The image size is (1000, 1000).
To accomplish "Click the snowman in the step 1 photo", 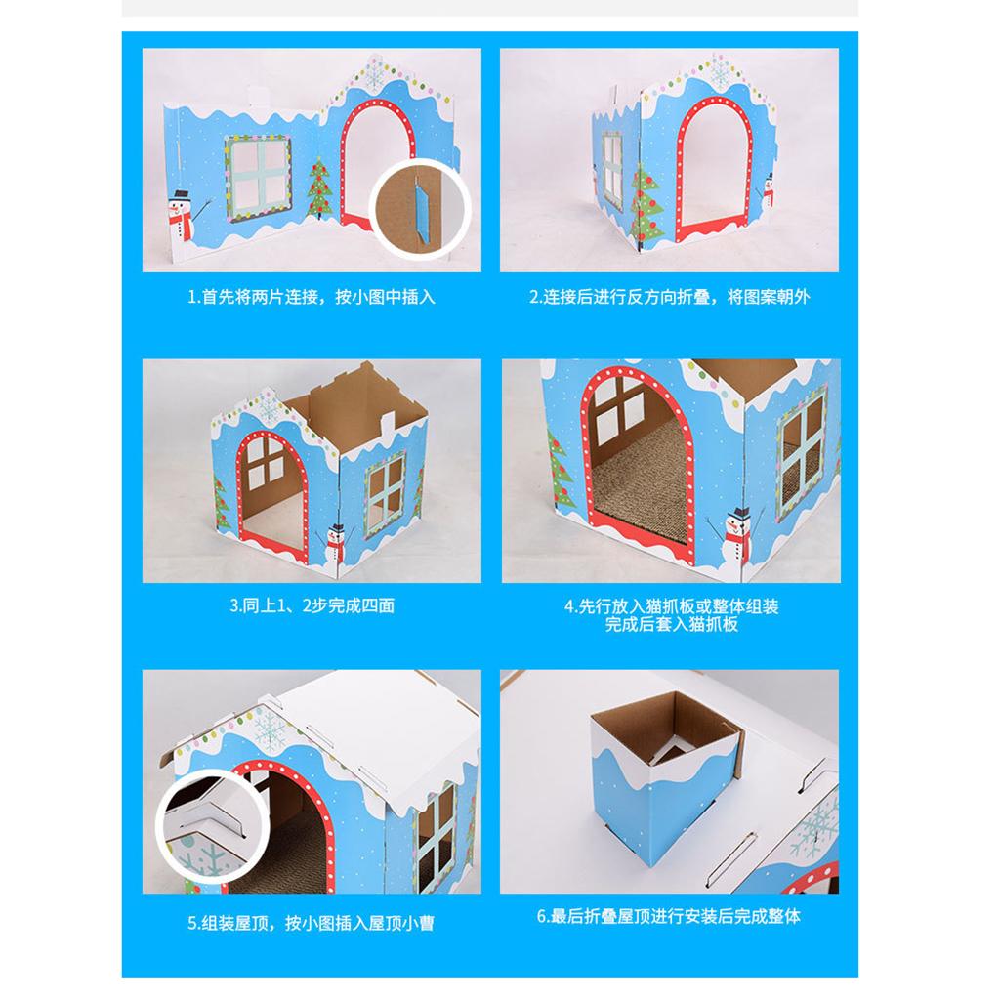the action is (x=181, y=216).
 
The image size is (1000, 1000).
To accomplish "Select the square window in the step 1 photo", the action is (x=258, y=178).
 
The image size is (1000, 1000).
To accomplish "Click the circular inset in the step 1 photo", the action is (x=420, y=210).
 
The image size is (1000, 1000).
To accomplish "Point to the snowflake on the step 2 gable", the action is (x=721, y=72).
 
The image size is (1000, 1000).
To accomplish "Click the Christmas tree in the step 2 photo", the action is (x=646, y=203).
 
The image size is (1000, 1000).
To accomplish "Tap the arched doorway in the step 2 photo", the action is (x=714, y=167).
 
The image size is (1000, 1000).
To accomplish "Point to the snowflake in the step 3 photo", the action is (x=269, y=406).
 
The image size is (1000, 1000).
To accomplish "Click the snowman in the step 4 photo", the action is (x=736, y=535).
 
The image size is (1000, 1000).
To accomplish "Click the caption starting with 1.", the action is (x=312, y=297).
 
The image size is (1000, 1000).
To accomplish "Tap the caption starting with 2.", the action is (x=670, y=297).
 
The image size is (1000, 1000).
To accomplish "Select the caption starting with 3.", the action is (x=312, y=605).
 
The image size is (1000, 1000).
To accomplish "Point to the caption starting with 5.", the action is (x=312, y=923).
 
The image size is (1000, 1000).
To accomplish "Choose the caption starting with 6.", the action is (x=669, y=916).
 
